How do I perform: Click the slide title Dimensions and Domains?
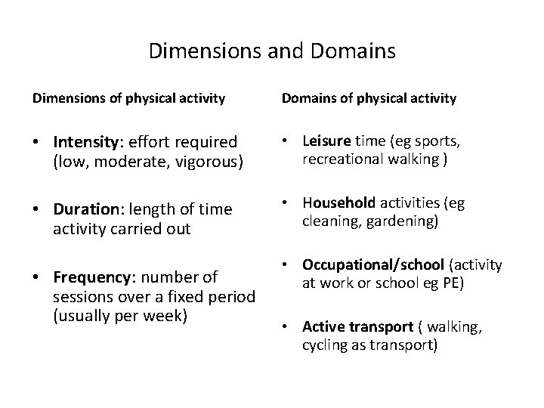(272, 51)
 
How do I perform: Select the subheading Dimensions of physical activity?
(128, 97)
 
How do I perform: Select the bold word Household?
(337, 202)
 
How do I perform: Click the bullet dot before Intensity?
(37, 143)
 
